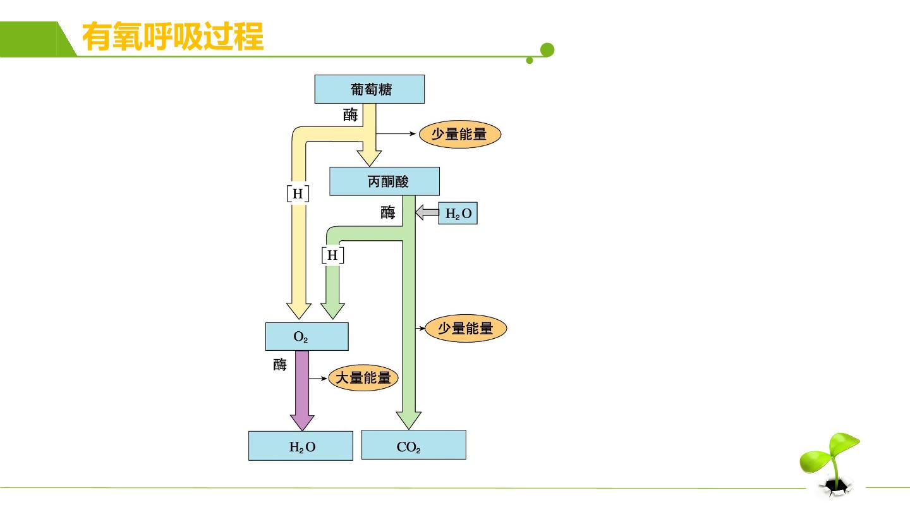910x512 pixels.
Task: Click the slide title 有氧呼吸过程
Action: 173,37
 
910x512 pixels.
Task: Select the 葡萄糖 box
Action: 370,89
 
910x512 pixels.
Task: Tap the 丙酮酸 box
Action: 384,181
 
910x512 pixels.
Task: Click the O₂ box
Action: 306,336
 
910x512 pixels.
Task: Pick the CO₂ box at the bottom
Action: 413,445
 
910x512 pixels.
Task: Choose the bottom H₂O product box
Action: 301,446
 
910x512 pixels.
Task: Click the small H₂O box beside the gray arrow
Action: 458,213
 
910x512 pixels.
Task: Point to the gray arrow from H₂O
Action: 427,212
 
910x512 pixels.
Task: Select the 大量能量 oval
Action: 363,378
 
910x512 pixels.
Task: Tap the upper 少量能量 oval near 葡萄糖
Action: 460,134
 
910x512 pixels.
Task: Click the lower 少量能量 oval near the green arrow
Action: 466,328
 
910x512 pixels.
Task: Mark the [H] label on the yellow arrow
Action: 298,193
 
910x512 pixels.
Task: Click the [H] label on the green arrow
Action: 332,255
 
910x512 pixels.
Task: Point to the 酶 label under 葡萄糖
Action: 350,114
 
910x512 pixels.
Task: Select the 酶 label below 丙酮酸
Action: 387,212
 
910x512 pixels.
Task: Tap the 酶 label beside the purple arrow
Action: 280,365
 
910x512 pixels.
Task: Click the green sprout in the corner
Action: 830,463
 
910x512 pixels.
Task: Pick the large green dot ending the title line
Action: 547,50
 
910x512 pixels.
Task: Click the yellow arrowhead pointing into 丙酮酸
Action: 369,158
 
